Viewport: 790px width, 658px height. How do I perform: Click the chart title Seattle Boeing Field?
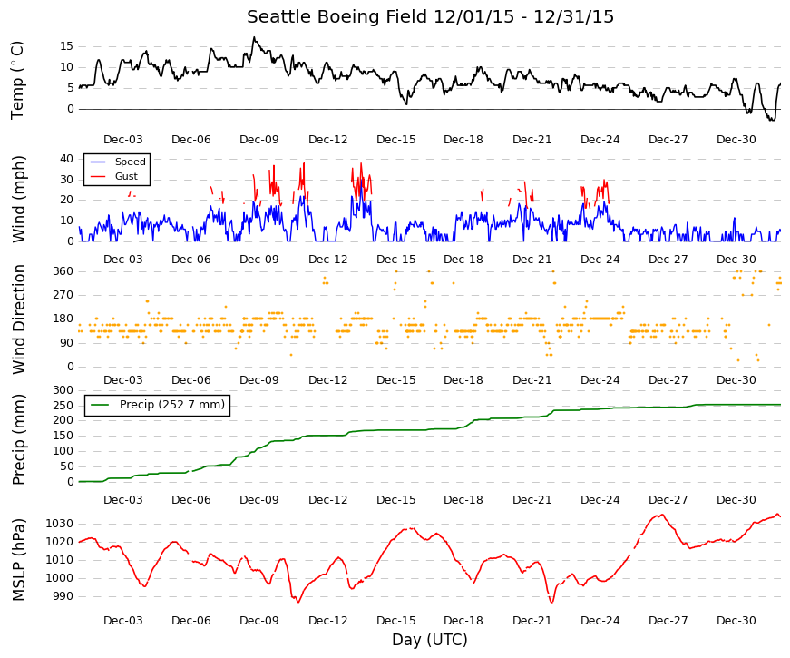coord(337,16)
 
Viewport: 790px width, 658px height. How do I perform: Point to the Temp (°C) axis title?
coord(17,80)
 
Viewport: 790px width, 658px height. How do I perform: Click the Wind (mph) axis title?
coord(19,199)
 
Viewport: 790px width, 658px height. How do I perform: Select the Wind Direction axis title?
coord(19,319)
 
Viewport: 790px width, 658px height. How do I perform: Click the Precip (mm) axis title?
coord(19,439)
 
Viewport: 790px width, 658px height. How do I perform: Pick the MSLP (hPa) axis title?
coord(19,560)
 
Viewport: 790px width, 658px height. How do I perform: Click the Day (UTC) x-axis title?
coord(430,640)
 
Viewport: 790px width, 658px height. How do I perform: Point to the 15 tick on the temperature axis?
coord(67,46)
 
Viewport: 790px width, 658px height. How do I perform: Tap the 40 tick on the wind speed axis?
coord(67,159)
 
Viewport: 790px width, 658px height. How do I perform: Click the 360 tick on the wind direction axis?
coord(63,271)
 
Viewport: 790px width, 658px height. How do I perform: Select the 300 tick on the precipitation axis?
coord(63,390)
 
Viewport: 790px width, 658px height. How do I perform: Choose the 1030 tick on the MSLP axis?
coord(60,524)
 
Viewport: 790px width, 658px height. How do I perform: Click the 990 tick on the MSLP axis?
coord(63,596)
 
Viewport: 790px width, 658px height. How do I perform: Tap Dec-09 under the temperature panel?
coord(259,140)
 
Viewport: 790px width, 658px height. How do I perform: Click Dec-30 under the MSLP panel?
coord(736,621)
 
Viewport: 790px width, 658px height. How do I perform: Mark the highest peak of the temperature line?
coord(254,37)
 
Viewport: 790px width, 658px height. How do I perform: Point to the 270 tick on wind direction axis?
coord(63,295)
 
